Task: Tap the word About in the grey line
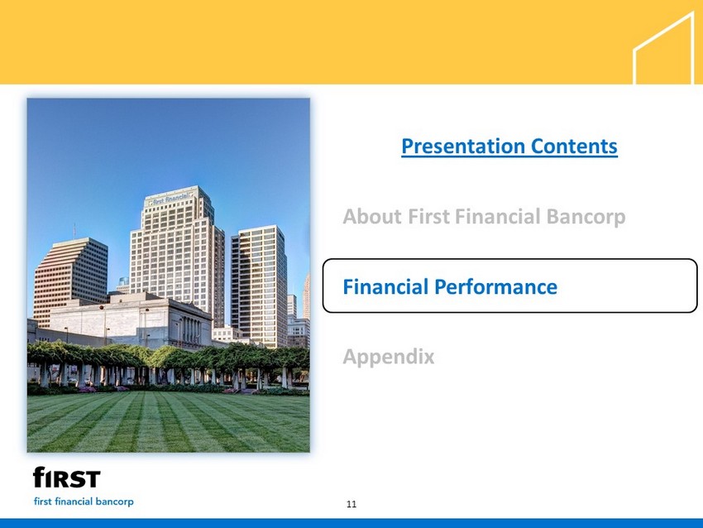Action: (372, 216)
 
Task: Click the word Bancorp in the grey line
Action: (586, 217)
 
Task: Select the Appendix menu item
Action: (389, 357)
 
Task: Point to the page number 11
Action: (351, 504)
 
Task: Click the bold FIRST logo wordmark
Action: (67, 478)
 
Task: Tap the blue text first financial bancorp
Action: (84, 502)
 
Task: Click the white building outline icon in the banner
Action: (664, 48)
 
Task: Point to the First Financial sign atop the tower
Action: (171, 199)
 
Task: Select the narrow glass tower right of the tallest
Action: (259, 286)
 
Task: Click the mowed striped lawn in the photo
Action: (168, 422)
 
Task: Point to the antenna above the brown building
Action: (74, 231)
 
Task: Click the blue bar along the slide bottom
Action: (351, 524)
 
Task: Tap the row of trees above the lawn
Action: (168, 354)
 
